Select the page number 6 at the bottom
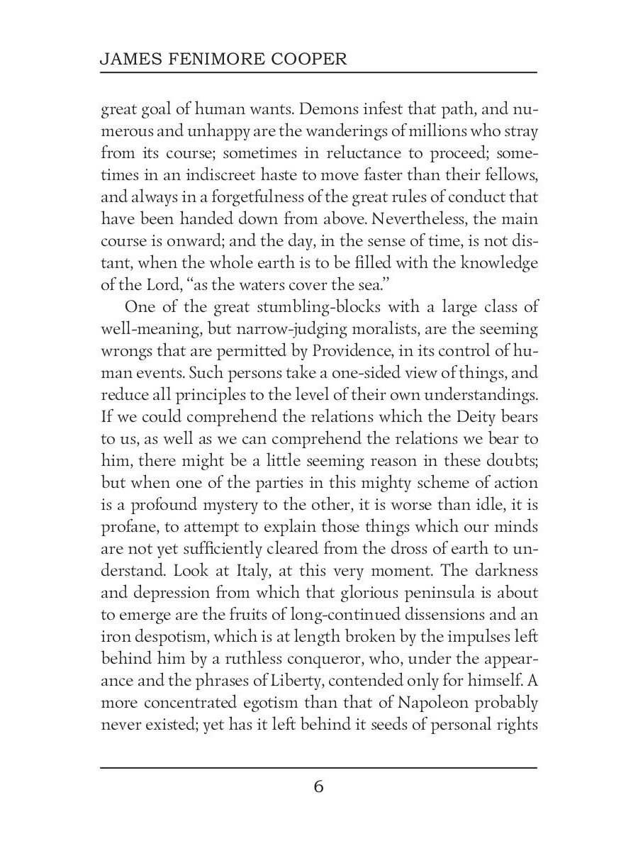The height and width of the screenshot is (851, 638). [318, 787]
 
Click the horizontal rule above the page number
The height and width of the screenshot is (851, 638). [318, 767]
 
